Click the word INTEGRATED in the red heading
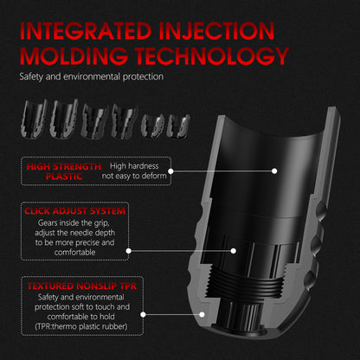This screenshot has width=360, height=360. pyautogui.click(x=86, y=30)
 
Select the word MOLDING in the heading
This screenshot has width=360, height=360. pyautogui.click(x=74, y=55)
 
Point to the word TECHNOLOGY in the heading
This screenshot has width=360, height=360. pyautogui.click(x=212, y=55)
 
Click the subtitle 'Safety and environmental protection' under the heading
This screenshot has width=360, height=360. pyautogui.click(x=92, y=77)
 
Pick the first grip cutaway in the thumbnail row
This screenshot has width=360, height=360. pyautogui.click(x=34, y=119)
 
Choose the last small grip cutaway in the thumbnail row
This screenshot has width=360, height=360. pyautogui.click(x=179, y=125)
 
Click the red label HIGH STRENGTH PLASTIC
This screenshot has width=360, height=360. pyautogui.click(x=64, y=171)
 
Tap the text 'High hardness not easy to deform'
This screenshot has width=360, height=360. pyautogui.click(x=134, y=170)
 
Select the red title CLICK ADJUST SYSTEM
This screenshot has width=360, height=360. pyautogui.click(x=74, y=211)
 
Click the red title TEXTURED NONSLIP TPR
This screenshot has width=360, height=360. pyautogui.click(x=82, y=286)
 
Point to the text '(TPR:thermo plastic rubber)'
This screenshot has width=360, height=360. pyautogui.click(x=81, y=326)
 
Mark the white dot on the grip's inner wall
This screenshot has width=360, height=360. pyautogui.click(x=274, y=171)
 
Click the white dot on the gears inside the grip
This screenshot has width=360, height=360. pyautogui.click(x=234, y=251)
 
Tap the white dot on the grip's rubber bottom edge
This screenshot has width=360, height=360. pyautogui.click(x=202, y=314)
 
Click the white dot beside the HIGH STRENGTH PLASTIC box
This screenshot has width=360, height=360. pyautogui.click(x=170, y=171)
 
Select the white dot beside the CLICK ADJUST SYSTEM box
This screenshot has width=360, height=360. pyautogui.click(x=129, y=251)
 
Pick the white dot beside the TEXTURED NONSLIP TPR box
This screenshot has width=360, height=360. pyautogui.click(x=143, y=314)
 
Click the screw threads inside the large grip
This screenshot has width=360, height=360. pyautogui.click(x=247, y=281)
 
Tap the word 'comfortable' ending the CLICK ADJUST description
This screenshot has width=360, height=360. pyautogui.click(x=74, y=253)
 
